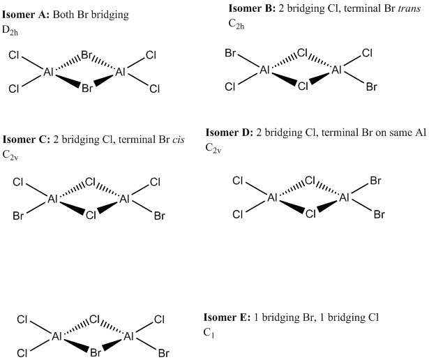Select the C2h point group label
237,24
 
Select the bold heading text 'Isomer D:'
229,133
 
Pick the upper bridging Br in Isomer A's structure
88,54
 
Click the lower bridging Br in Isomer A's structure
86,89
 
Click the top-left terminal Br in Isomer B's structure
230,52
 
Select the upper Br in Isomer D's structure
375,181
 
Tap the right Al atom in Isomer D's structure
344,198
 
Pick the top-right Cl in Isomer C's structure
156,183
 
